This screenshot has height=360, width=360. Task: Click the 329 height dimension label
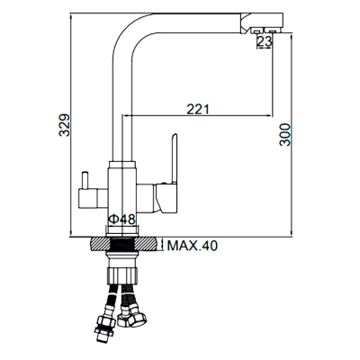coord(64,125)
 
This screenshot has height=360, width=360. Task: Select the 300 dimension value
coord(285,134)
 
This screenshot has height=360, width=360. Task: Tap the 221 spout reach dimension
coord(198,109)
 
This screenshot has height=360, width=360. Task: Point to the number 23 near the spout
coord(265,41)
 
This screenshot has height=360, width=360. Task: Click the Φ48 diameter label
coord(122,220)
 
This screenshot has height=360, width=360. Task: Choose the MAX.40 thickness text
coord(192,246)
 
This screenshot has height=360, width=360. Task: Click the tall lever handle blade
coord(174,158)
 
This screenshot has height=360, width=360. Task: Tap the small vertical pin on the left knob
coord(85,180)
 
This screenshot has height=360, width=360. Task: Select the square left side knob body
coord(88,198)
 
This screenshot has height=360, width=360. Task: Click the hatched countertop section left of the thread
coord(100,243)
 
